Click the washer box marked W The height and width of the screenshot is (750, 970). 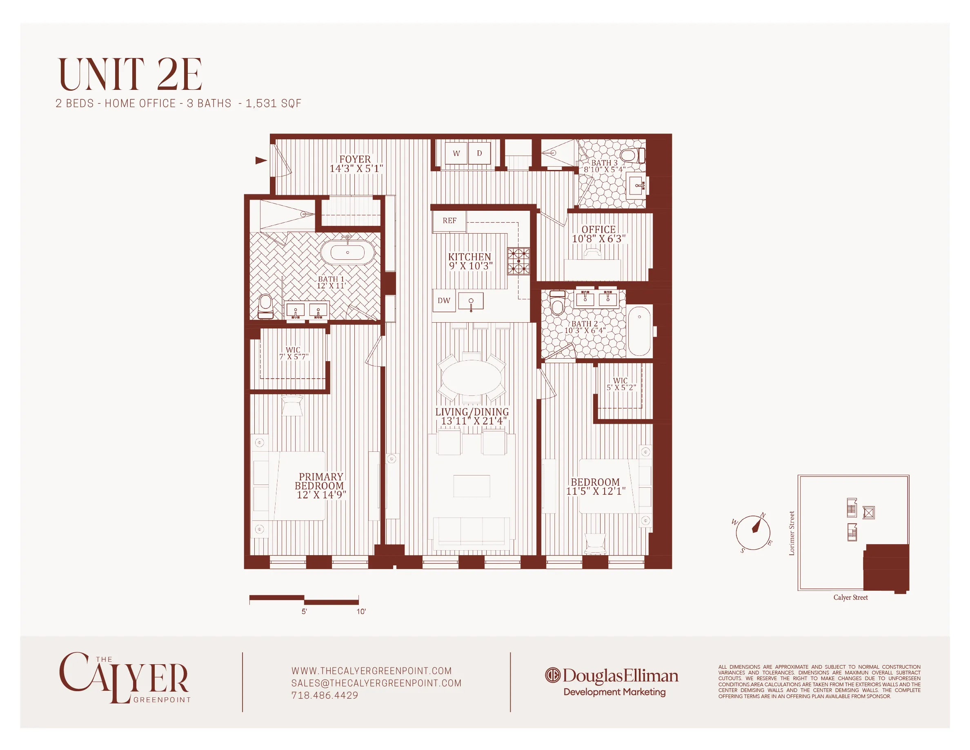pyautogui.click(x=456, y=153)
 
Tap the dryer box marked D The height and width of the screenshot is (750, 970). pyautogui.click(x=480, y=153)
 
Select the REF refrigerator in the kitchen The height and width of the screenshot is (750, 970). pyautogui.click(x=449, y=221)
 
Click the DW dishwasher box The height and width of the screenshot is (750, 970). pyautogui.click(x=444, y=301)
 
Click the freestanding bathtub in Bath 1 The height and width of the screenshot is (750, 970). pyautogui.click(x=347, y=252)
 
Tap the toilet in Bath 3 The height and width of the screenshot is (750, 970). pyautogui.click(x=631, y=156)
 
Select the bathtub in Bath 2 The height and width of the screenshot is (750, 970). pyautogui.click(x=639, y=330)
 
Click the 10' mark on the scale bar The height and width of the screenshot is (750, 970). pyautogui.click(x=361, y=612)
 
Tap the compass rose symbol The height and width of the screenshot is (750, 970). pyautogui.click(x=753, y=532)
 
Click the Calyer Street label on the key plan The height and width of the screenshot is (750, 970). pyautogui.click(x=850, y=598)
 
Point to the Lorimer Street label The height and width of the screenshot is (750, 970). pyautogui.click(x=792, y=533)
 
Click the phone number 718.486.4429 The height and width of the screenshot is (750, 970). pyautogui.click(x=325, y=695)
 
